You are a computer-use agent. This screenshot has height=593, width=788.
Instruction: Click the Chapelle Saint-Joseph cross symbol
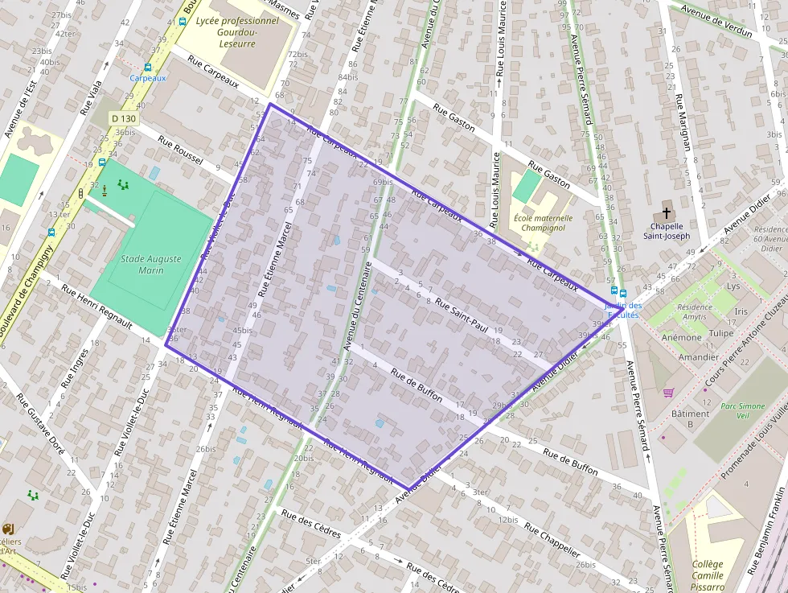pos(666,214)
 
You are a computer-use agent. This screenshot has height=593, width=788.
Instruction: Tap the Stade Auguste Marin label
pos(151,265)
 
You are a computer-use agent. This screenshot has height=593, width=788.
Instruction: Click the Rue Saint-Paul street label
pos(462,315)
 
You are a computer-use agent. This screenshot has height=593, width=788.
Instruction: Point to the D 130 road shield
pos(124,119)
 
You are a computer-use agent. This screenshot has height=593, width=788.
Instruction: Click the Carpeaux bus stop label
pos(148,78)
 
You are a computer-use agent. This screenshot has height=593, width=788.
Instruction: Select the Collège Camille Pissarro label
pos(707,575)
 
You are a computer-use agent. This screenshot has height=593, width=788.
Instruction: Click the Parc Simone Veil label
pos(743,412)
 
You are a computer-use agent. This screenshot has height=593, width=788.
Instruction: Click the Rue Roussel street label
pos(180,150)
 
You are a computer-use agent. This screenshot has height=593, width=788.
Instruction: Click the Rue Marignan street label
pos(683,123)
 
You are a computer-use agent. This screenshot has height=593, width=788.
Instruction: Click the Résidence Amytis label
pos(696,312)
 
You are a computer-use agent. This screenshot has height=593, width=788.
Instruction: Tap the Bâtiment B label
pos(690,418)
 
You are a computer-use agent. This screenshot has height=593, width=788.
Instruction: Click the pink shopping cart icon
pos(668,393)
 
